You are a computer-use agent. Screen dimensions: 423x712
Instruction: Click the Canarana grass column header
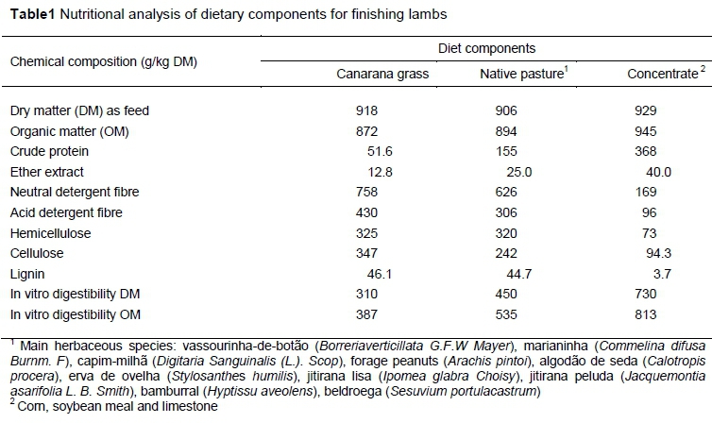(377, 74)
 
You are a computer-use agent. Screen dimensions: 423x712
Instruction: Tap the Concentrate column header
(656, 74)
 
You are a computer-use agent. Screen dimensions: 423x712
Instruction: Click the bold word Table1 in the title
(29, 11)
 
